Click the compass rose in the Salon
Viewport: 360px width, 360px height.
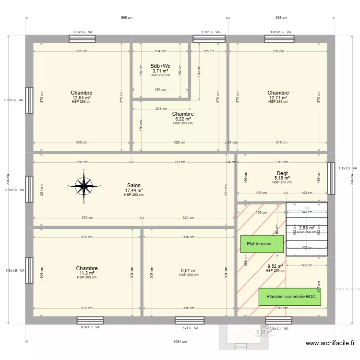84,185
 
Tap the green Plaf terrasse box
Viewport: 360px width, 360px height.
262,244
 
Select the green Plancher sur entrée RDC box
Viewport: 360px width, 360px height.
289,297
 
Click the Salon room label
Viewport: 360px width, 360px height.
134,185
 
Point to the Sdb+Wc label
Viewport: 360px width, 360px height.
160,66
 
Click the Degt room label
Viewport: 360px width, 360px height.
282,173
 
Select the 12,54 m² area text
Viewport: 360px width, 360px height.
82,97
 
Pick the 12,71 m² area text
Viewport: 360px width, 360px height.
278,97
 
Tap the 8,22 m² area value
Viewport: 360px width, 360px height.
183,119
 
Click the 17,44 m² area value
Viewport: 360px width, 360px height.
134,190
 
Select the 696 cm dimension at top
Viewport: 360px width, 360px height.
127,18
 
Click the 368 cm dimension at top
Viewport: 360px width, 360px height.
281,18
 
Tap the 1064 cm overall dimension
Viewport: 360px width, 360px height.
180,342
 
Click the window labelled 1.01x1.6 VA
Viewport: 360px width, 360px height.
277,38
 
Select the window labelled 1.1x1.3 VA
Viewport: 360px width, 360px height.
331,173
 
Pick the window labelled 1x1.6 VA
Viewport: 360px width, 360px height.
189,321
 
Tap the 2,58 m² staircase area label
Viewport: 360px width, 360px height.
307,228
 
